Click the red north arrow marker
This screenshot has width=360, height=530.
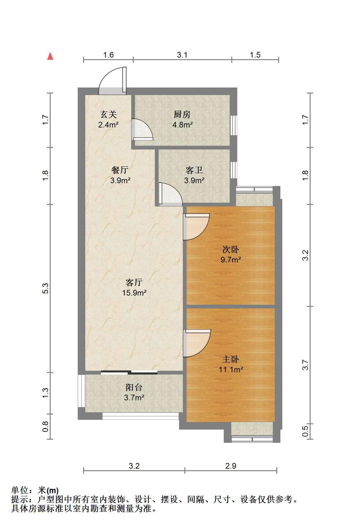pos(50,56)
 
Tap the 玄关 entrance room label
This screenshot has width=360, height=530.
pos(109,115)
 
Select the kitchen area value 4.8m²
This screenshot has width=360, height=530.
pos(183,124)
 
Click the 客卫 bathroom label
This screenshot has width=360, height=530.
pos(194,170)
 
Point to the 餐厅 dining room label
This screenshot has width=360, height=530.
pos(120,170)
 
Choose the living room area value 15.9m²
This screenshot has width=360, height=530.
pos(134,293)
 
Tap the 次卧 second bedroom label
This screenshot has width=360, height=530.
pos(231,249)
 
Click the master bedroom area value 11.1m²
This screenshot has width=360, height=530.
pos(231,369)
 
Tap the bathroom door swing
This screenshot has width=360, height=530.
pos(171,194)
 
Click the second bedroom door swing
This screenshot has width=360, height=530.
pos(196,227)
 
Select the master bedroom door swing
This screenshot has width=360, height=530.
pos(197,343)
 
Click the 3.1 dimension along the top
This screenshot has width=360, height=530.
pos(182,55)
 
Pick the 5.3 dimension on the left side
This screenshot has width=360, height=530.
pos(45,288)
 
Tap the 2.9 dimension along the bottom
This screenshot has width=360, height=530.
pos(231,466)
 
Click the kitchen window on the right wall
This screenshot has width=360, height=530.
pos(234,125)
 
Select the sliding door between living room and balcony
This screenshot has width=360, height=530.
pos(129,372)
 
